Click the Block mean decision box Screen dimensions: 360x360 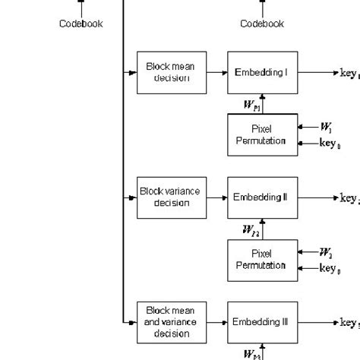click(171, 72)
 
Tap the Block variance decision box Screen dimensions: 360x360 click(171, 197)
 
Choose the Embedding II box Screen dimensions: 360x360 click(262, 197)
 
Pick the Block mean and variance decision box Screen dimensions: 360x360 click(171, 322)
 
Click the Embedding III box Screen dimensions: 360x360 click(262, 322)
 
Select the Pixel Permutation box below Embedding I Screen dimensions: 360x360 click(262, 135)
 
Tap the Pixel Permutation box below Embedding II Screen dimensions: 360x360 click(262, 260)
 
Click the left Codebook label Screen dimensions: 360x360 click(81, 24)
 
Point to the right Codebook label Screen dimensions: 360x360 click(262, 24)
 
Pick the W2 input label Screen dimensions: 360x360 click(326, 251)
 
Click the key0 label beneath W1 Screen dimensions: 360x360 click(329, 143)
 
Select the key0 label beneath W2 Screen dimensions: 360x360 click(329, 268)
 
